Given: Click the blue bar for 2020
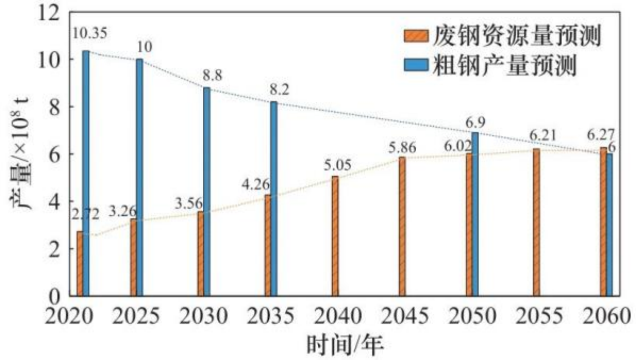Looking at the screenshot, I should point(86,173).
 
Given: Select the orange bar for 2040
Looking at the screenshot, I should point(335,235).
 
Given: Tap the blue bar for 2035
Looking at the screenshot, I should point(274,198).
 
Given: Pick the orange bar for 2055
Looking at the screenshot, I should point(536,222).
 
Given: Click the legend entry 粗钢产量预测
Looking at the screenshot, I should point(499,65).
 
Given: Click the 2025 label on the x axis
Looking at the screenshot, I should point(135,316).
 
